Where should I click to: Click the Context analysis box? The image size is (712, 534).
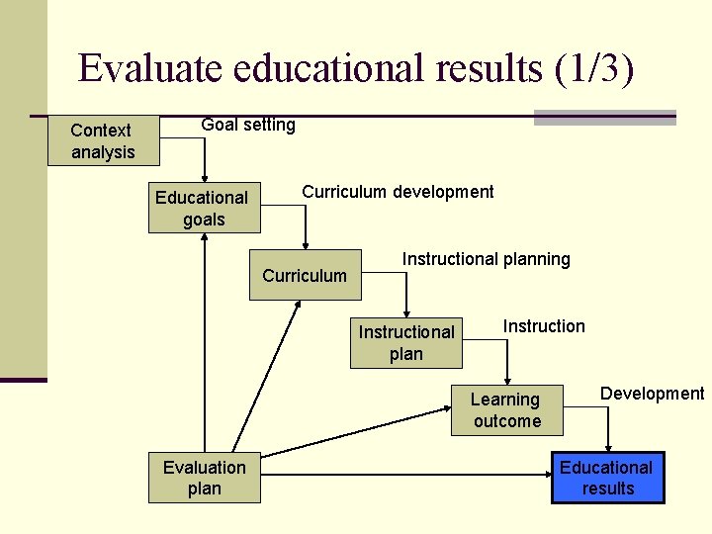click(102, 140)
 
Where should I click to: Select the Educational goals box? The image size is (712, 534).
click(204, 209)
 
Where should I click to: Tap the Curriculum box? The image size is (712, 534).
click(305, 275)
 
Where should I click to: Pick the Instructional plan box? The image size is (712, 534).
click(405, 343)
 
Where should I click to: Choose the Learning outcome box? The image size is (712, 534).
click(506, 410)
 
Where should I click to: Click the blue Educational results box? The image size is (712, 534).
click(607, 478)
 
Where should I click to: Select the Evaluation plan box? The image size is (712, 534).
click(205, 478)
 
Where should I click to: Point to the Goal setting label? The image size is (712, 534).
click(248, 125)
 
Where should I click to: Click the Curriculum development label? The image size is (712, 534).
click(398, 192)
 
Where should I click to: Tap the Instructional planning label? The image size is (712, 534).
click(486, 259)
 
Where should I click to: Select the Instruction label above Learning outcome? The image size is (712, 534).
click(544, 326)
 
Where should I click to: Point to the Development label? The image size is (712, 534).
click(652, 394)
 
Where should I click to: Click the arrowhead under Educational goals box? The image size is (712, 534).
click(204, 239)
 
